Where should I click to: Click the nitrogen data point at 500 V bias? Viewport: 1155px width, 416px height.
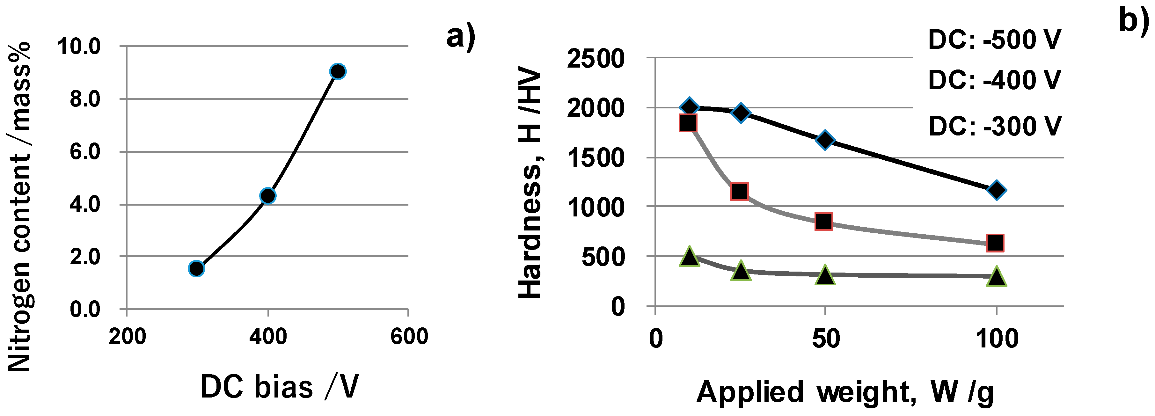coord(338,71)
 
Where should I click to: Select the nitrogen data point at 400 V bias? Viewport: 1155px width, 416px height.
coord(268,195)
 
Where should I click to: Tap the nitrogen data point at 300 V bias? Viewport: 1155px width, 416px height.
coord(196,268)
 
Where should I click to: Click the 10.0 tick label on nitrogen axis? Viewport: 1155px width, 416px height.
coord(79,46)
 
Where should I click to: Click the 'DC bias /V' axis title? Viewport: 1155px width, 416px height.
coord(279,386)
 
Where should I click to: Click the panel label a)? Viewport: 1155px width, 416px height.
coord(460,37)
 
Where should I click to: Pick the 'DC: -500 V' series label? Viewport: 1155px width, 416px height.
coord(994,40)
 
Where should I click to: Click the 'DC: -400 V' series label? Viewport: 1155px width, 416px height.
coord(994,80)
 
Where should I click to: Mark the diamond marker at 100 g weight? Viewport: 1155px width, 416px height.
coord(996,190)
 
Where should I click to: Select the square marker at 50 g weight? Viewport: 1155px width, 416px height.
coord(824,221)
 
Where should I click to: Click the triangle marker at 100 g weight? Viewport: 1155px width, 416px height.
coord(996,276)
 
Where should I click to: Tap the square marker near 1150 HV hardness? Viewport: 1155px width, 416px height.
coord(739,191)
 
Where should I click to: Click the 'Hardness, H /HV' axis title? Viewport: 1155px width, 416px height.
coord(530,182)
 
